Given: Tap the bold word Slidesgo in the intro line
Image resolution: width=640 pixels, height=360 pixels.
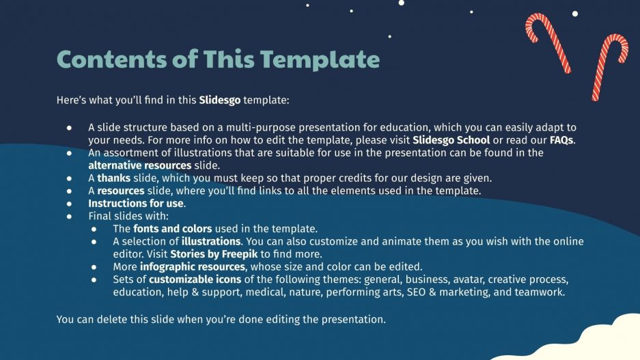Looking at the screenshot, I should coord(220,100).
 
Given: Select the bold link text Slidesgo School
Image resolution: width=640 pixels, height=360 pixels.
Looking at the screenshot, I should coord(451,140).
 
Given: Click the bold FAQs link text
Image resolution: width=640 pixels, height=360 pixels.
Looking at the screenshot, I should coord(561,140).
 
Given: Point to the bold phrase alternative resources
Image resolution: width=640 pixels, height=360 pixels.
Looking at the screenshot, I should coord(139,165).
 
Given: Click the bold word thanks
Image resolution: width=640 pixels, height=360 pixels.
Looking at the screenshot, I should coord(113,178).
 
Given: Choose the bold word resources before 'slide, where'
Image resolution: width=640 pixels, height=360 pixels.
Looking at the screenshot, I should coord(120,191).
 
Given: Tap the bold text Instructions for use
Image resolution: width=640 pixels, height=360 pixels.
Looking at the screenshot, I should coord(136,204).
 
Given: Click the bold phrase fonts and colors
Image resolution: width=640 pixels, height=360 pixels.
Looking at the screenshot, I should coord(172,229).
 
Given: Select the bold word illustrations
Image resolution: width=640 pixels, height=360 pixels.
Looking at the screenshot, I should coord(211,241).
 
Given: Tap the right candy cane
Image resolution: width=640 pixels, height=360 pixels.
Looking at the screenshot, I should coord(608,65).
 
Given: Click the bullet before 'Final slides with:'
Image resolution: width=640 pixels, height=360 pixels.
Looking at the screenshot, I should coord(69,216).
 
